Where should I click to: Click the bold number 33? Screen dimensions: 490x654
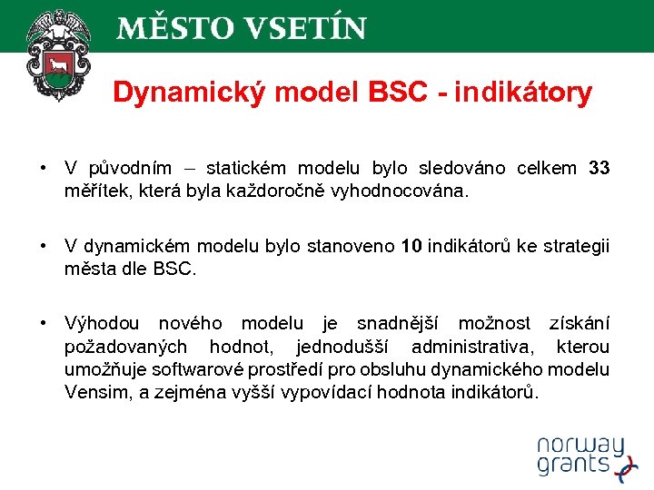(599, 168)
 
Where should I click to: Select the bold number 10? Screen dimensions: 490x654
(411, 247)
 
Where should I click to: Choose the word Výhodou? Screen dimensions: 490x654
(102, 324)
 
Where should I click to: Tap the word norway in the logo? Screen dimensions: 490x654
(580, 446)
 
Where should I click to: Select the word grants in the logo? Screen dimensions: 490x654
(572, 465)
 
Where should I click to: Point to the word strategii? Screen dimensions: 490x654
(577, 247)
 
